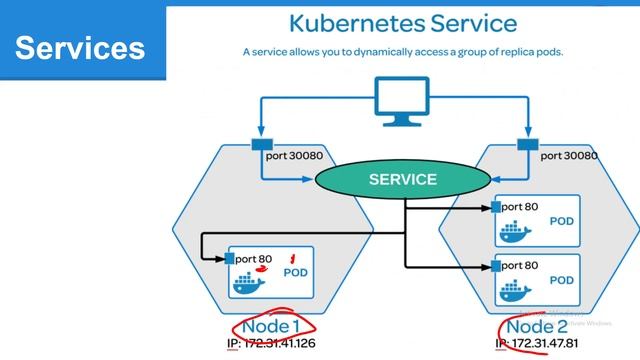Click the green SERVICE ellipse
point(402,180)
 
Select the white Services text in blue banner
point(80,47)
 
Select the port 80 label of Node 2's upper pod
point(520,207)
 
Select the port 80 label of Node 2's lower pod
point(520,266)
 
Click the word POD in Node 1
point(295,272)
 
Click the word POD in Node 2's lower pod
point(563,281)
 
